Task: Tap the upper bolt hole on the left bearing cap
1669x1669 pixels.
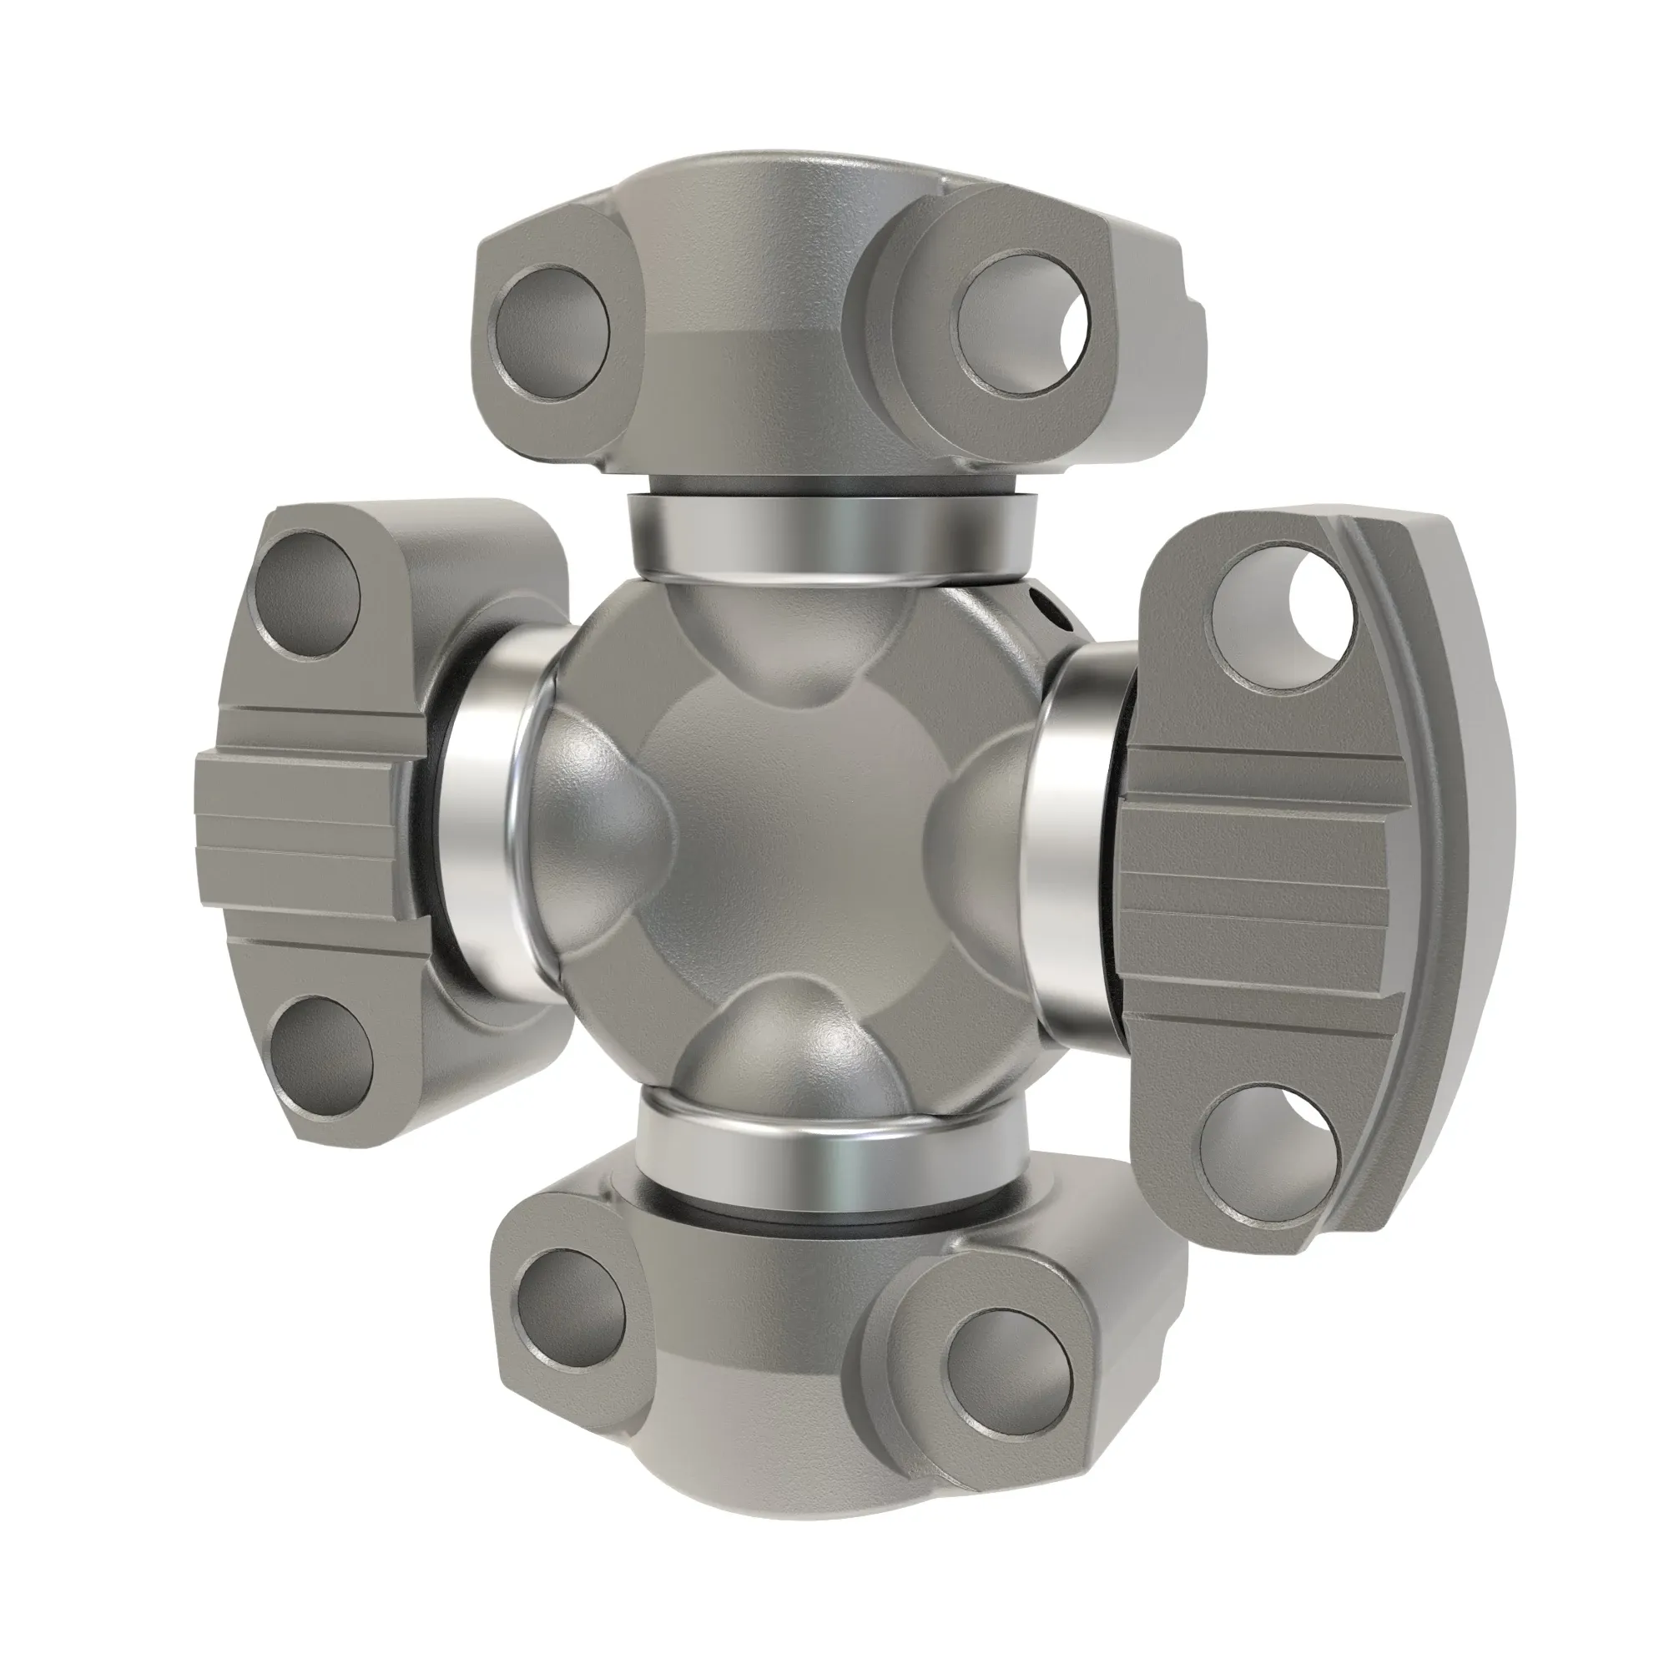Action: click(310, 587)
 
